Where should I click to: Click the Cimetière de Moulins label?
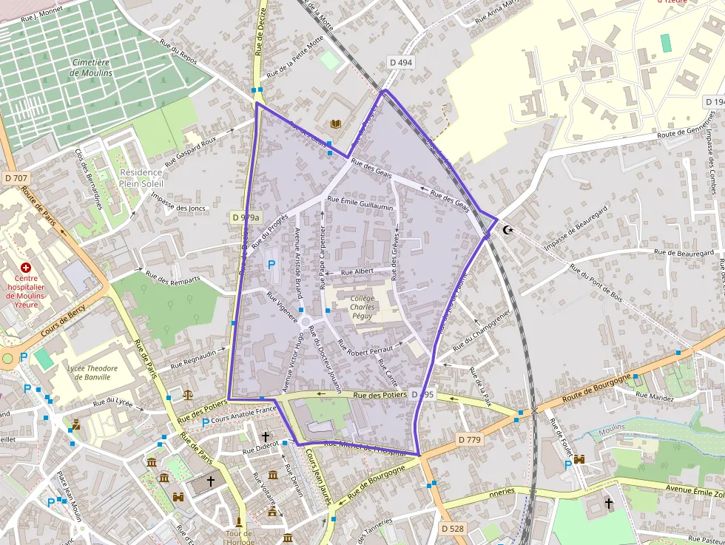tap(92, 68)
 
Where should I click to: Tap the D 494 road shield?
tap(399, 63)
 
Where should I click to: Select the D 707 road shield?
tap(16, 178)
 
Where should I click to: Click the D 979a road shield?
tap(246, 217)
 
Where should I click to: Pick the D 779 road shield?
tap(469, 439)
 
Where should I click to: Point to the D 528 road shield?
tap(452, 528)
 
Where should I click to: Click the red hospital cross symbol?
tap(27, 267)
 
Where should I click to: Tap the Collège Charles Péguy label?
tap(362, 306)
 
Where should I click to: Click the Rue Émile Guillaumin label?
tap(360, 203)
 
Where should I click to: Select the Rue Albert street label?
tap(357, 271)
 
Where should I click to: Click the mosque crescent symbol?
tap(507, 230)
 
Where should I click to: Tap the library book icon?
tap(337, 124)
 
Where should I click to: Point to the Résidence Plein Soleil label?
tap(141, 177)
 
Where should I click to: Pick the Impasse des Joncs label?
tap(178, 202)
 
